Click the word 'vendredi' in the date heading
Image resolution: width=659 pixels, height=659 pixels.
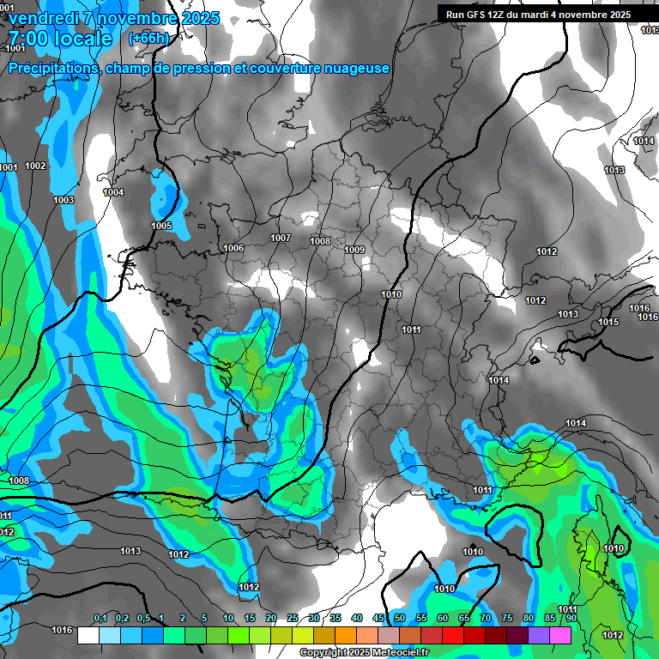click(40, 18)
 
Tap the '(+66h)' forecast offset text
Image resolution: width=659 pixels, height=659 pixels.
click(148, 39)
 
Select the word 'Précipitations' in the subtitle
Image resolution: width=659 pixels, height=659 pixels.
click(52, 68)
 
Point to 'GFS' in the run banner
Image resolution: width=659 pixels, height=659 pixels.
click(482, 15)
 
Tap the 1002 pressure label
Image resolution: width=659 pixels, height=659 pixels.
click(36, 166)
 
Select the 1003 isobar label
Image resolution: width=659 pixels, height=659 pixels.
click(63, 200)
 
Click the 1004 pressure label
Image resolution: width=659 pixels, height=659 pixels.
click(113, 192)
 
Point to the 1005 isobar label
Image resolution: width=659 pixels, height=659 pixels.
click(161, 227)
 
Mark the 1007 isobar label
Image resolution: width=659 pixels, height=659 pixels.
click(281, 238)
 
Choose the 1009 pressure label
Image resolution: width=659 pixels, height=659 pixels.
click(354, 250)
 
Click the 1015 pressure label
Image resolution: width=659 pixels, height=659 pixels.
click(608, 322)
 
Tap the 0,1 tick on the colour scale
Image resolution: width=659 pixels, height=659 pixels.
click(100, 619)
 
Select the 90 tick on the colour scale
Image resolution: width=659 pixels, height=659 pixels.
click(571, 619)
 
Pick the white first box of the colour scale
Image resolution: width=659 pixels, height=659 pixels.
click(88, 635)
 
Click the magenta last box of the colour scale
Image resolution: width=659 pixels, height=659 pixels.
click(560, 635)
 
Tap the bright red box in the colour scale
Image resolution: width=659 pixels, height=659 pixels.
click(453, 635)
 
